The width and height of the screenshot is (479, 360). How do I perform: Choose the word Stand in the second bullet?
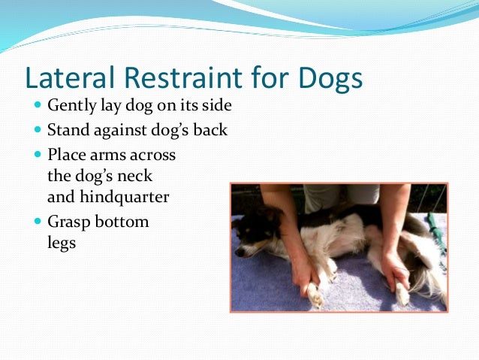point(67,130)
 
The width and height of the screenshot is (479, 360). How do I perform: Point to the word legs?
point(62,243)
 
